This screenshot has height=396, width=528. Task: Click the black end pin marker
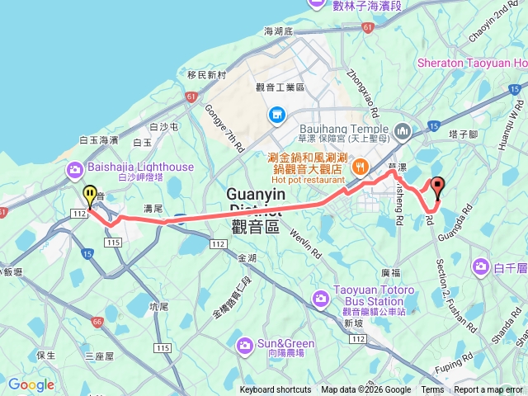[x=437, y=186]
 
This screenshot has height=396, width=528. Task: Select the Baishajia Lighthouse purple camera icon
[x=76, y=169]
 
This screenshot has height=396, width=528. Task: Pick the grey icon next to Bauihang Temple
[x=403, y=130]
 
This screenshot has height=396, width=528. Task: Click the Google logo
[x=31, y=384]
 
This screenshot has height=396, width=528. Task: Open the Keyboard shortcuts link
[x=276, y=390]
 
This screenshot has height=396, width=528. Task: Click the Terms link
[x=432, y=390]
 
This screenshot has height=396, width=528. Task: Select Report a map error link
[x=488, y=390]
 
